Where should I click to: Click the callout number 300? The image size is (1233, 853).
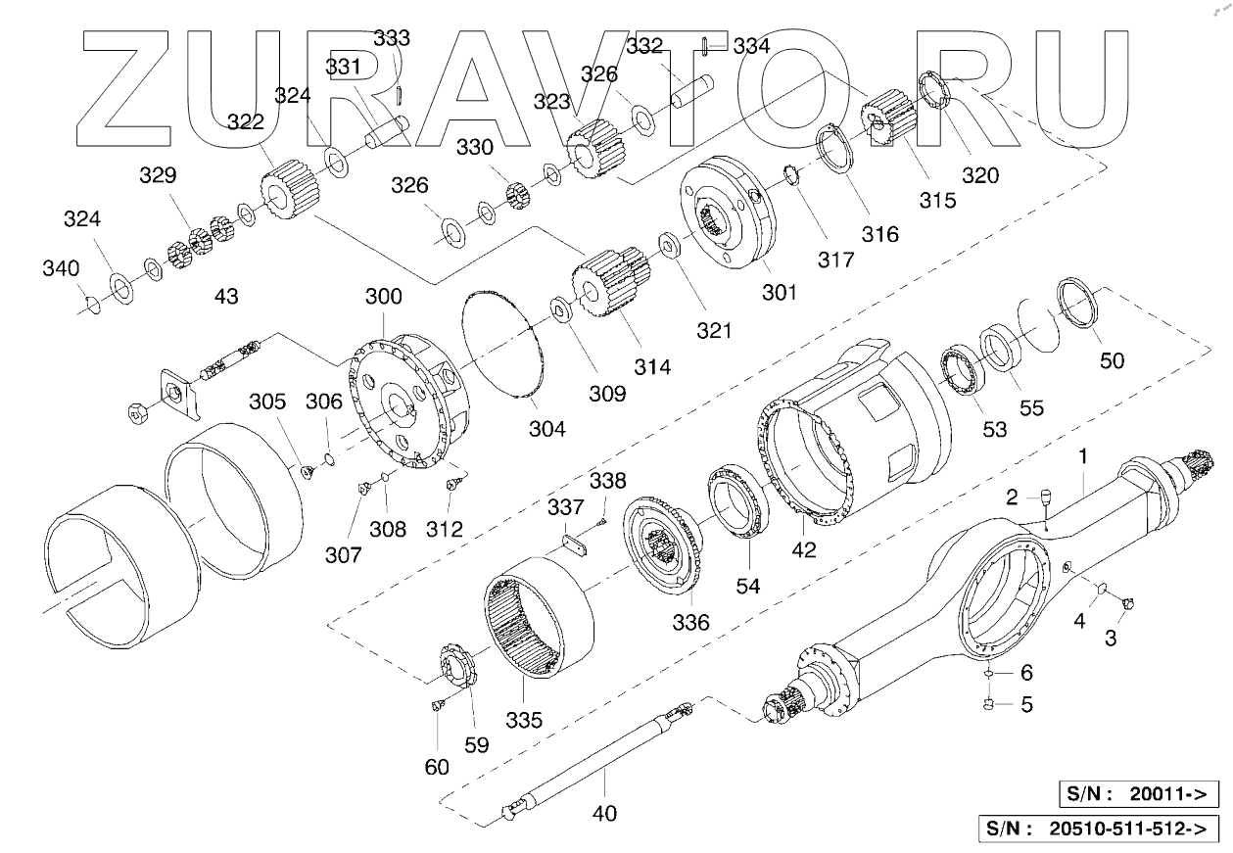[x=383, y=296]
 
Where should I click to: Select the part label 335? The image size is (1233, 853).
[x=523, y=721]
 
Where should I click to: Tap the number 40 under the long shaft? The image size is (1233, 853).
[x=604, y=812]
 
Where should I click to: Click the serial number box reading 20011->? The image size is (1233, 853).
[x=1139, y=793]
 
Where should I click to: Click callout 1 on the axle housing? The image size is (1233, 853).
[x=1083, y=456]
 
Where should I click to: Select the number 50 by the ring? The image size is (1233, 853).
[x=1112, y=360]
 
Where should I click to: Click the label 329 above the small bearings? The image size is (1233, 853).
[x=158, y=176]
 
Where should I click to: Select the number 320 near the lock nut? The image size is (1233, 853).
[x=979, y=176]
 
